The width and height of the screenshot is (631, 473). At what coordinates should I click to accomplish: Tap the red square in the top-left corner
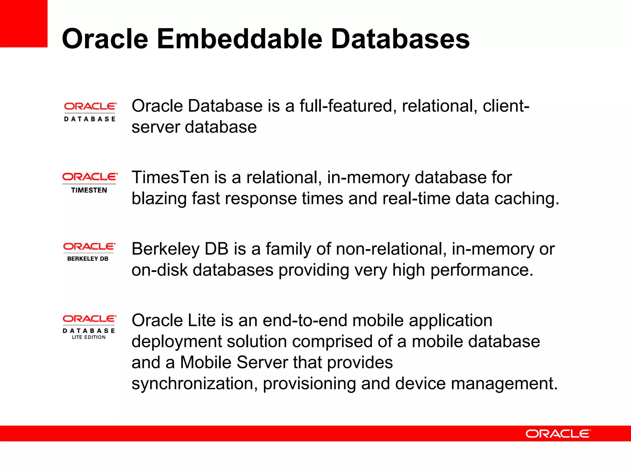pyautogui.click(x=23, y=23)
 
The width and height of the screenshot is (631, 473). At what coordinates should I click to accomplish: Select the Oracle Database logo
pyautogui.click(x=90, y=112)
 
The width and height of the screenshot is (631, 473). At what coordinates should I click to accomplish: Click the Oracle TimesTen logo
pyautogui.click(x=89, y=183)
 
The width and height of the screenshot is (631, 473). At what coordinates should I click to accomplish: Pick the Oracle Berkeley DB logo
pyautogui.click(x=89, y=252)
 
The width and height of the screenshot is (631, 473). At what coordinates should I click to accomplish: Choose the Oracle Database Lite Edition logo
pyautogui.click(x=89, y=327)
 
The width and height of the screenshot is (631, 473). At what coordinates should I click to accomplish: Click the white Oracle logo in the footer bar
pyautogui.click(x=558, y=434)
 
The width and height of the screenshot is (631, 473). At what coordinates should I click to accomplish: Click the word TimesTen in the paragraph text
pyautogui.click(x=170, y=178)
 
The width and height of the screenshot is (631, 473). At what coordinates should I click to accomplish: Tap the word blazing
pyautogui.click(x=159, y=199)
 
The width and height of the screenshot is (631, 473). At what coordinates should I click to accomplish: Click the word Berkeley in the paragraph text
pyautogui.click(x=166, y=249)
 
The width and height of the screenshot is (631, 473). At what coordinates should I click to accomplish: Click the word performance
pyautogui.click(x=482, y=271)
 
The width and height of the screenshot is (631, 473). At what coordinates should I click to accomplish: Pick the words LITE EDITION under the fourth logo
pyautogui.click(x=89, y=337)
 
